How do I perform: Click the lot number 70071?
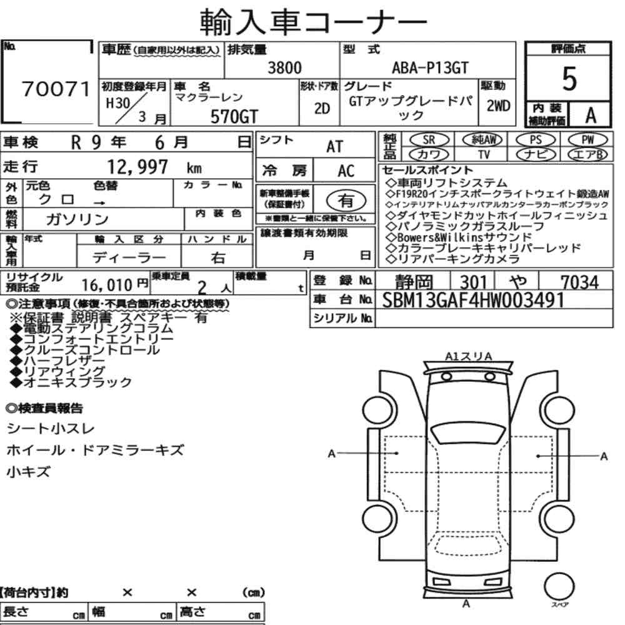56,89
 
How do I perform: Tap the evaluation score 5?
569,79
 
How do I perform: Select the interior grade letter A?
591,115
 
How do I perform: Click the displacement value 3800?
284,67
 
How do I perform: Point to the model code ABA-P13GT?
430,67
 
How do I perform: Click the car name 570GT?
234,116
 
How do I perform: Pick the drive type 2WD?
498,106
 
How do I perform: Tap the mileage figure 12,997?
137,167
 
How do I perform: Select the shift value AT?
334,147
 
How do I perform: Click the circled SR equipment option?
429,140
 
